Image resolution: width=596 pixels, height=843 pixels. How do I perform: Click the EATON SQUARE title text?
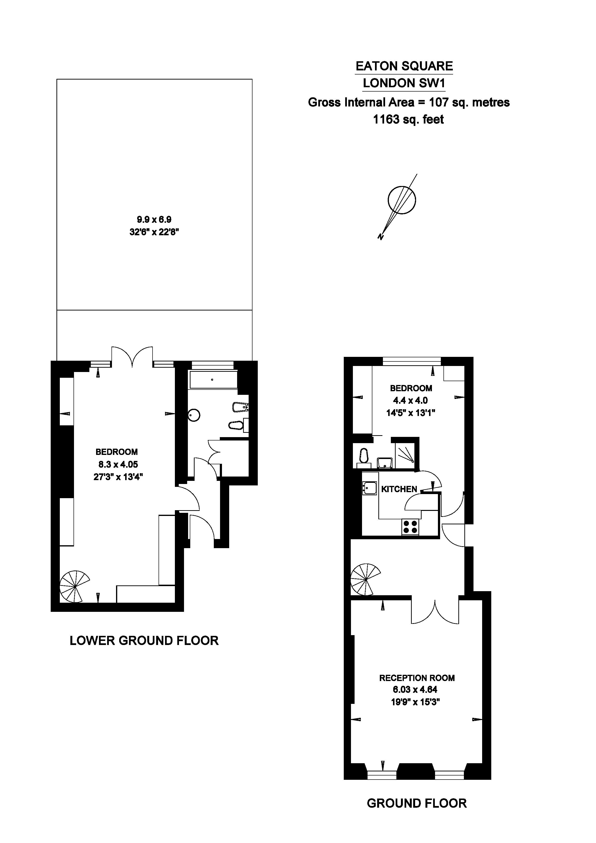(404, 66)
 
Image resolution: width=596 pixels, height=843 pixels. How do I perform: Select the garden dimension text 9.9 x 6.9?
(154, 220)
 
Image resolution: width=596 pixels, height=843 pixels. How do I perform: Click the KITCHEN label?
(399, 489)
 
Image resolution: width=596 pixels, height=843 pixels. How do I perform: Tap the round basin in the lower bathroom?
(194, 415)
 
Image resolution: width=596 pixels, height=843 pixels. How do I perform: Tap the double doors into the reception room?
(435, 611)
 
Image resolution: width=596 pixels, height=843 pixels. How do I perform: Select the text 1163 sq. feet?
(408, 120)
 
